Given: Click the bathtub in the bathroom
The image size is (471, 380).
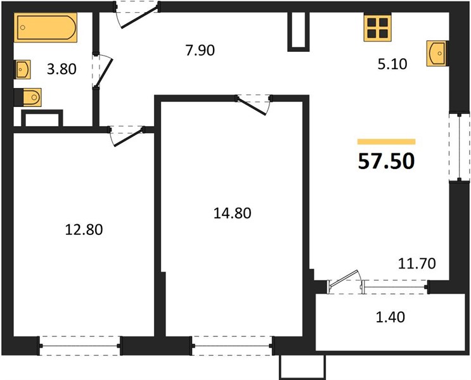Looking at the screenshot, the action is click(x=46, y=27).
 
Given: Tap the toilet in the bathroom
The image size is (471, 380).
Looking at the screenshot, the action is click(x=28, y=98).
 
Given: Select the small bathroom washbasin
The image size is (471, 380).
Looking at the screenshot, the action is click(x=22, y=70).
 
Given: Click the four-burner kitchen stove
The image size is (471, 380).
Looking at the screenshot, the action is click(x=378, y=28).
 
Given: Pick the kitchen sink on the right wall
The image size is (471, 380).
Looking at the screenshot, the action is click(x=437, y=53).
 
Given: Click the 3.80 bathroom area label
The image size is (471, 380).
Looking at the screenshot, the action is click(x=61, y=69).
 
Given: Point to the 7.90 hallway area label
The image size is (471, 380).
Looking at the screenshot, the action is click(x=200, y=50).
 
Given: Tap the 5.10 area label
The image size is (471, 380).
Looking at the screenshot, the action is click(x=392, y=64).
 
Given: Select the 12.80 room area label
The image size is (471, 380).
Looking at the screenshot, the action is click(x=84, y=230).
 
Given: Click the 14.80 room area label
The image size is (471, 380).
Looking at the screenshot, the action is click(x=232, y=213).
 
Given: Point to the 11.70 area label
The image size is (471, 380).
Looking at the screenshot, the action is click(x=416, y=263).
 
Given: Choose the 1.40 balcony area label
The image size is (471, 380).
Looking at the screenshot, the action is click(x=390, y=317).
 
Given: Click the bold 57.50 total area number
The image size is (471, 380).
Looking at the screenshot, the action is click(x=386, y=161).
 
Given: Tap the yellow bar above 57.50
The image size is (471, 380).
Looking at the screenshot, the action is click(x=386, y=142).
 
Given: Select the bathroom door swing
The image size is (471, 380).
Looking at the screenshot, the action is click(x=103, y=72).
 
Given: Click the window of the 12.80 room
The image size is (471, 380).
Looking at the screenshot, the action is click(x=81, y=346).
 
